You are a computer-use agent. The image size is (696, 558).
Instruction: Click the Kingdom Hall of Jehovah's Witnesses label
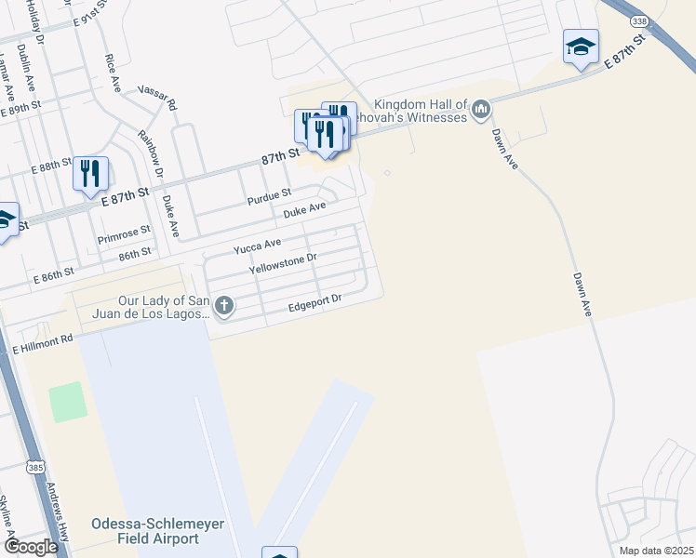421,111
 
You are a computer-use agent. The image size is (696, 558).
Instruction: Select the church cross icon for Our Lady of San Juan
223,305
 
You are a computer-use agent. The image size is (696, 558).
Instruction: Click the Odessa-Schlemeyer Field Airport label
158,531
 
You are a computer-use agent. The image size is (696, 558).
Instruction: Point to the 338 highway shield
638,20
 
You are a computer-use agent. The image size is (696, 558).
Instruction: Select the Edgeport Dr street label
315,301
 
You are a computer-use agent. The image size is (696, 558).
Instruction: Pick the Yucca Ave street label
257,246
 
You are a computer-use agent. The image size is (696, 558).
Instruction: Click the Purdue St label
270,198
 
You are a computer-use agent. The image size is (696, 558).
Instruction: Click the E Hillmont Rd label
42,345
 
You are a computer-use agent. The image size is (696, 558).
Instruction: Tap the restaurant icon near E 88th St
90,172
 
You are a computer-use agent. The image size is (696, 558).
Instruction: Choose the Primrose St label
124,236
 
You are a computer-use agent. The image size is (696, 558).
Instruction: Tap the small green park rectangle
68,400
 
